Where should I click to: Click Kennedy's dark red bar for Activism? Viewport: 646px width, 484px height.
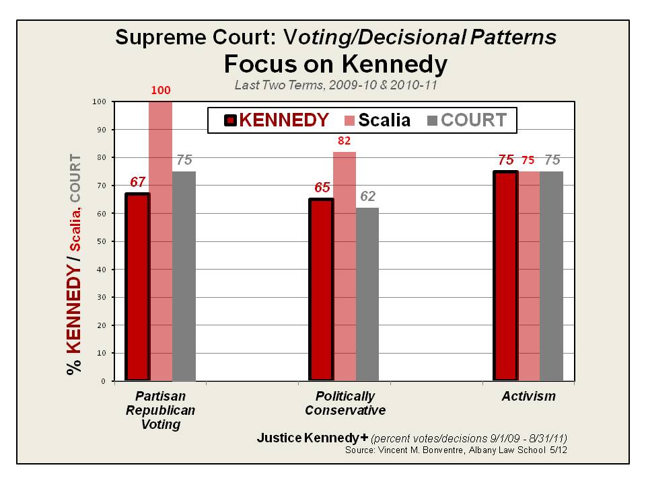(505, 276)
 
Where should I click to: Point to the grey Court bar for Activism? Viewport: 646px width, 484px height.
(551, 276)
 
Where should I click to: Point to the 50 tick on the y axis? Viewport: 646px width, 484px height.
(101, 241)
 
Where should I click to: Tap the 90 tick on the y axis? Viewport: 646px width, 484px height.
(101, 129)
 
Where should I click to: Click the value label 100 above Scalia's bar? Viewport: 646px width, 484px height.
(161, 89)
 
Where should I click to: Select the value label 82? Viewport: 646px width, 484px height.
(345, 140)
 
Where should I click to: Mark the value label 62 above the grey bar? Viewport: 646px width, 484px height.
(367, 196)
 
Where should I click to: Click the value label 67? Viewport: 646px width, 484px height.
(137, 182)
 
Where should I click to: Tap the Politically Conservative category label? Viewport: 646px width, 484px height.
(345, 403)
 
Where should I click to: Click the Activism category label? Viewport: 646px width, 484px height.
(529, 396)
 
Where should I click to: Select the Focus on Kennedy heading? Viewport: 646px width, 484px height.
(335, 65)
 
